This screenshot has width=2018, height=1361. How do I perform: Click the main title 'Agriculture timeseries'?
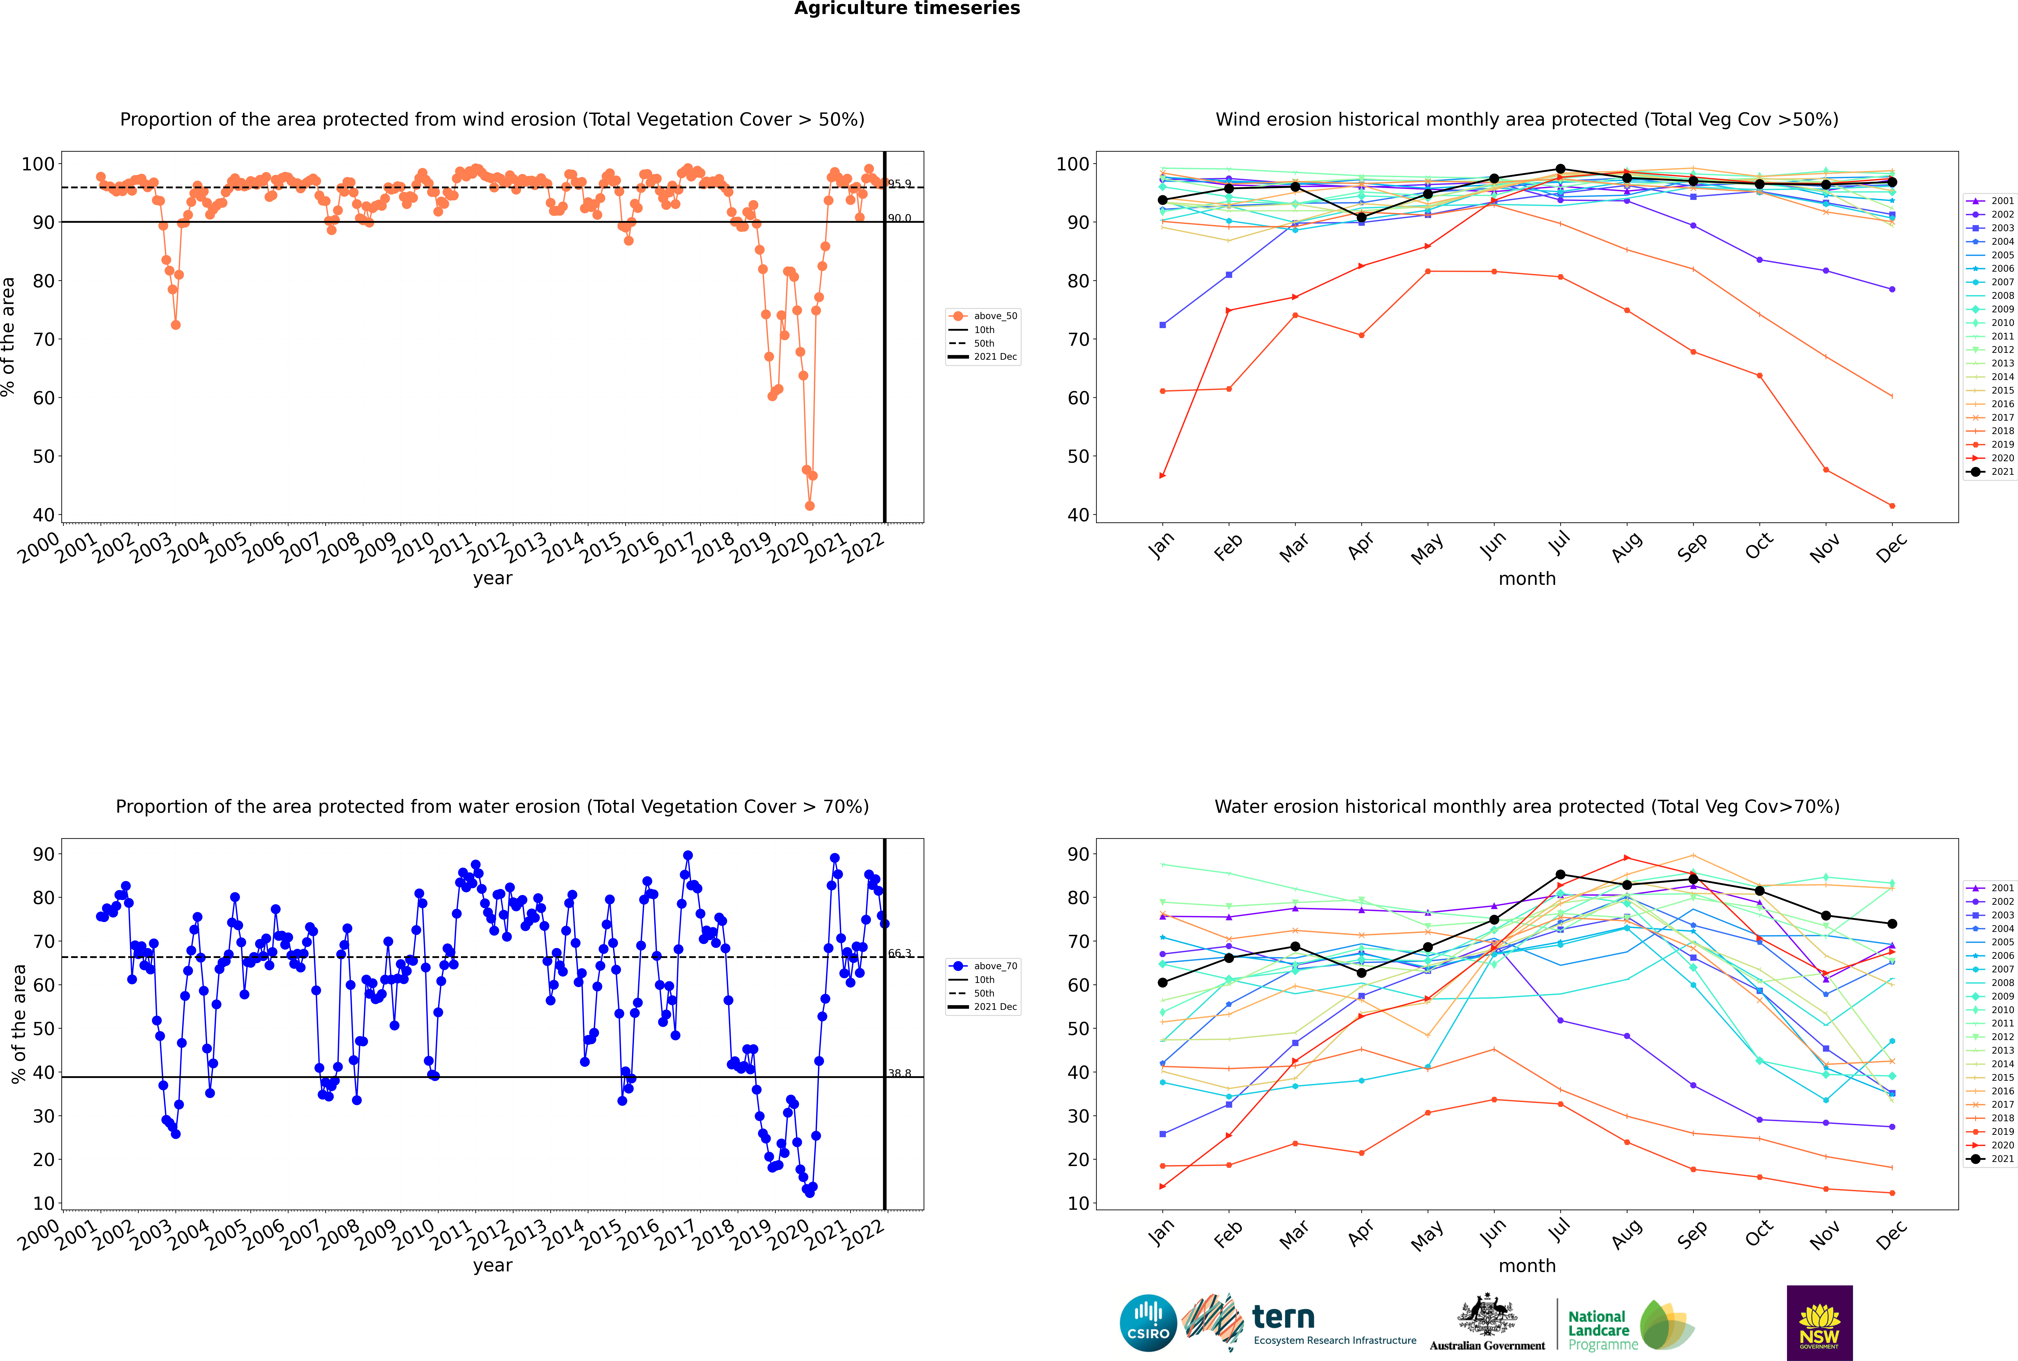[x=907, y=9]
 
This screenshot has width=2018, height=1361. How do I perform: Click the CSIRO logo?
[x=1148, y=1323]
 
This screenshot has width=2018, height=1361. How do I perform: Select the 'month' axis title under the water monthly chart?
[x=1527, y=1266]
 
